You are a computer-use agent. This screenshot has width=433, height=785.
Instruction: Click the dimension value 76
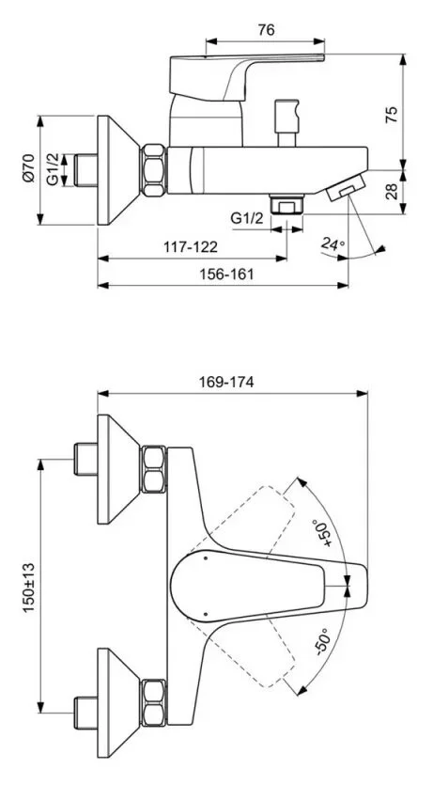[265, 29]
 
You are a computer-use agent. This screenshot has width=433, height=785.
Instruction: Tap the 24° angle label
[332, 245]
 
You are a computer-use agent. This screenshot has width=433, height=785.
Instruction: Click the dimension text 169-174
[228, 382]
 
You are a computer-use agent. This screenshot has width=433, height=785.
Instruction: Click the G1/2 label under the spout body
[246, 218]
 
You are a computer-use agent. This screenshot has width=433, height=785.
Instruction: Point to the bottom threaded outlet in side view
[286, 205]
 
